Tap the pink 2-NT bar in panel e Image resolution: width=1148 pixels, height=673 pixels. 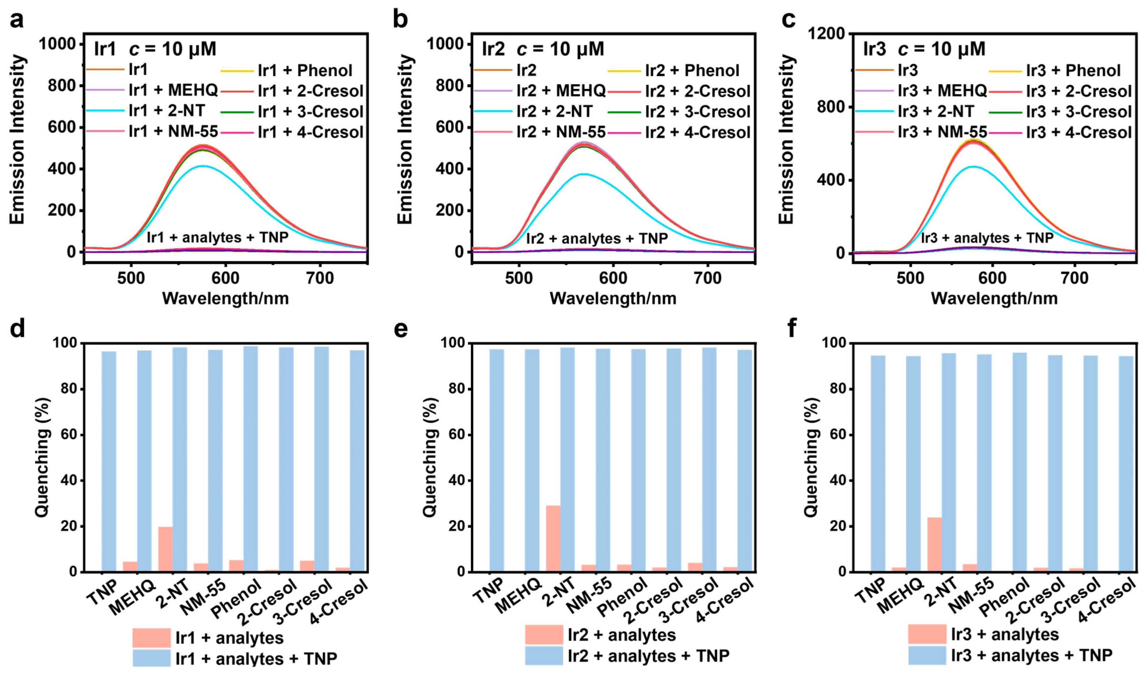(x=553, y=538)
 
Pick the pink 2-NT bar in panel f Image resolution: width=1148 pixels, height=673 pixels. (x=934, y=545)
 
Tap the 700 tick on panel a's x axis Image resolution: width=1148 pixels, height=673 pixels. (x=320, y=278)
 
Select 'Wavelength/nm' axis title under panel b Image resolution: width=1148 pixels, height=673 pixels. (x=613, y=298)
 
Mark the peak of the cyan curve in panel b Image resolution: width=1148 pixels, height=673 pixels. (x=583, y=174)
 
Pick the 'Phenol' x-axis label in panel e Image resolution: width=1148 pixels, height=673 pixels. (x=622, y=602)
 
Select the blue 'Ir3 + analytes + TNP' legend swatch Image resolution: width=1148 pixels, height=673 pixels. (x=927, y=655)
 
